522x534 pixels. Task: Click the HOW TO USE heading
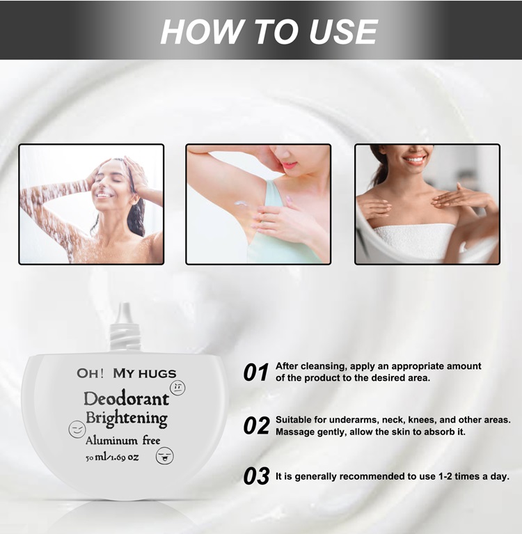269,31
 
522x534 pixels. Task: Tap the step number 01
256,373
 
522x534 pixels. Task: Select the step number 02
256,426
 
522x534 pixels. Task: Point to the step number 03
256,477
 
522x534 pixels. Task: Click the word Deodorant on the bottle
126,399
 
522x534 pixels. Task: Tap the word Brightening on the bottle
126,418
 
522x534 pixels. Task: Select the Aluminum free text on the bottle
122,440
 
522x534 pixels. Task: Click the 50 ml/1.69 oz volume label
112,457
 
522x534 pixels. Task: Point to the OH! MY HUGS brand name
126,373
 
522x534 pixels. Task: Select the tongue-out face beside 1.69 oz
165,456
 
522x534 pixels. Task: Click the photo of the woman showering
91,204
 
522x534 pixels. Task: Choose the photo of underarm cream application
258,204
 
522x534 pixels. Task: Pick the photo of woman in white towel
427,204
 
